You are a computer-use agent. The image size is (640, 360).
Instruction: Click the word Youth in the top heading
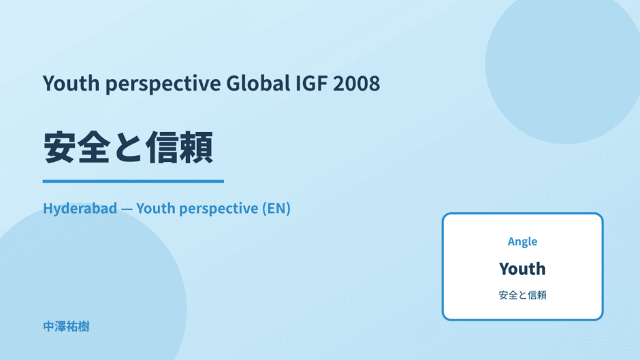(x=71, y=83)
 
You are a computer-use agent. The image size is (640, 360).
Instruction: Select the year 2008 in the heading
(x=356, y=83)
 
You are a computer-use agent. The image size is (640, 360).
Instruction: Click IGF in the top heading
(x=311, y=83)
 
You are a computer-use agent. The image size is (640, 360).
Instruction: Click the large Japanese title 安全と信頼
(x=128, y=148)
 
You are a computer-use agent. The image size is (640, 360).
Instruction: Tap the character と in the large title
(x=128, y=148)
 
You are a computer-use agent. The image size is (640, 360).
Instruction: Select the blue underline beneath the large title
(x=133, y=181)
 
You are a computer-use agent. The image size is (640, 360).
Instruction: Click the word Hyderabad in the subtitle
(x=80, y=208)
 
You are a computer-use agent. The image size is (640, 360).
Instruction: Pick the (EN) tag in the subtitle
(x=276, y=208)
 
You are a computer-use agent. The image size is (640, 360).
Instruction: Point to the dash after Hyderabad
(x=127, y=209)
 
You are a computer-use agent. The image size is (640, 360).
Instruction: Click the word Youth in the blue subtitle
(x=155, y=208)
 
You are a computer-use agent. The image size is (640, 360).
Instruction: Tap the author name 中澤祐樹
(x=66, y=327)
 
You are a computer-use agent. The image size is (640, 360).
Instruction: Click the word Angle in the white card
(x=522, y=242)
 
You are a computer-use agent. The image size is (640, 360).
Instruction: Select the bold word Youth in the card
(x=522, y=269)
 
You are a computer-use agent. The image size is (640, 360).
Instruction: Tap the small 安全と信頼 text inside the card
(x=522, y=295)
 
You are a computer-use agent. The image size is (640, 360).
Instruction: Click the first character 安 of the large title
(x=60, y=148)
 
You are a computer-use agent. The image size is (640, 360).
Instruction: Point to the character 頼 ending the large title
(x=196, y=148)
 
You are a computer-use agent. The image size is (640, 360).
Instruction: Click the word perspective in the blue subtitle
(x=219, y=209)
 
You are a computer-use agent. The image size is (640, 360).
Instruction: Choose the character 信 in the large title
(x=162, y=148)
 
